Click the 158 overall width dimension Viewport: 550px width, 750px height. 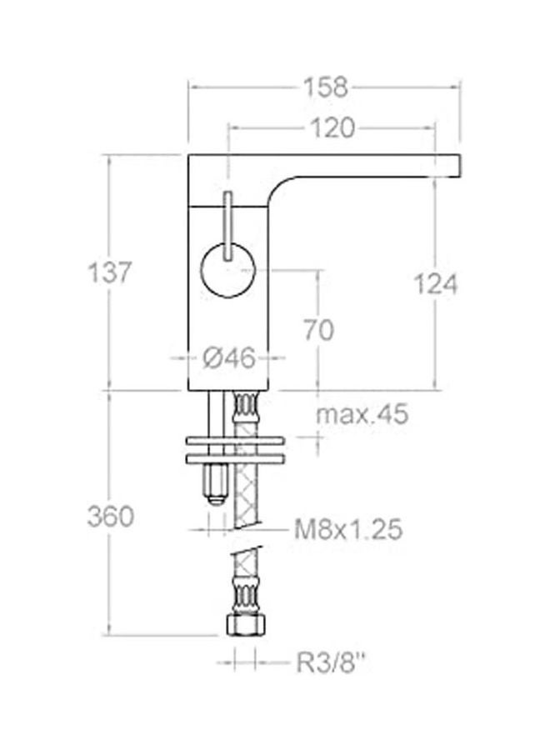point(325,86)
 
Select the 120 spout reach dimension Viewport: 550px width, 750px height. point(332,127)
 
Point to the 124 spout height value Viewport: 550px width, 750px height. point(437,284)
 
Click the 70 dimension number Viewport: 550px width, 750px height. point(317,330)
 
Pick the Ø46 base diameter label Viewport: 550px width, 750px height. point(228,358)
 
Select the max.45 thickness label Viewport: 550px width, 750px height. point(363,414)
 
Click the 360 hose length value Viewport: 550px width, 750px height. point(110,516)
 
